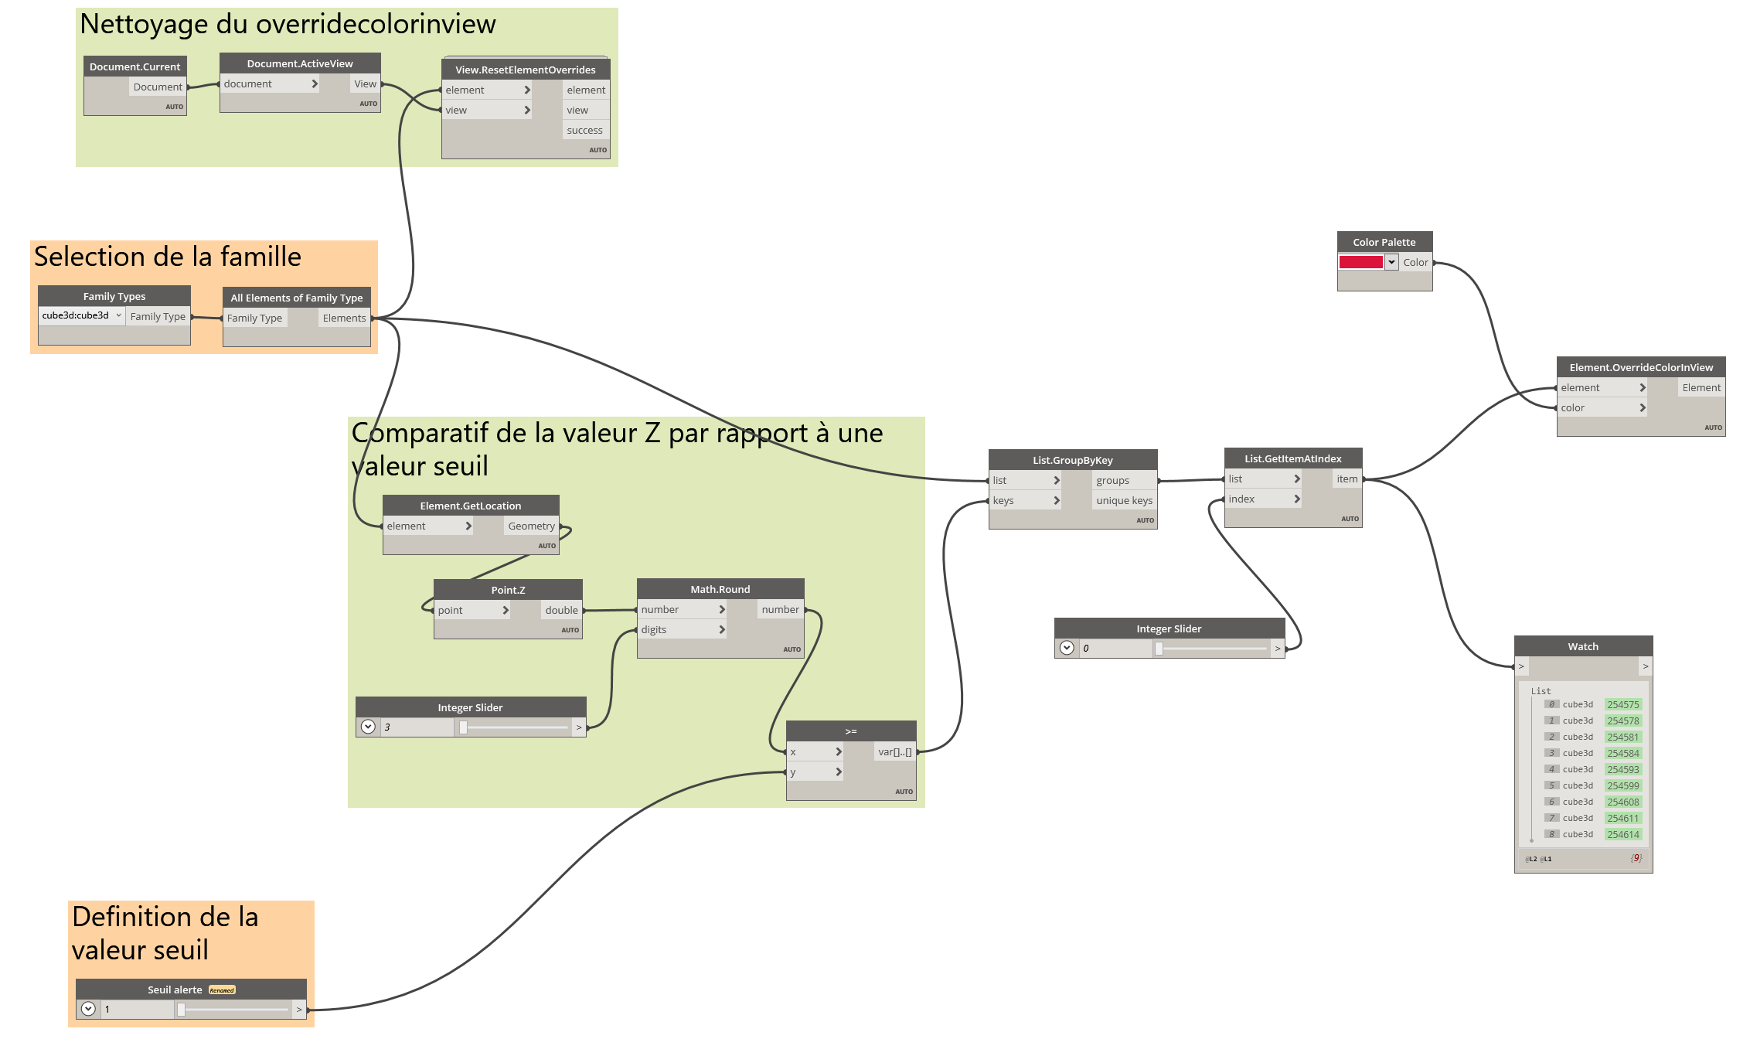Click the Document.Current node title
[134, 66]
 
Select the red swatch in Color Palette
[1360, 262]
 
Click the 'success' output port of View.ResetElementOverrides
[584, 130]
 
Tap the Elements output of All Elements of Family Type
[344, 318]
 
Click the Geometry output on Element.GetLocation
[531, 526]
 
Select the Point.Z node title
[508, 590]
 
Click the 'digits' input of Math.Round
[654, 629]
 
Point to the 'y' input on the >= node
[793, 772]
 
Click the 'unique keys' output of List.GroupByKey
[1124, 500]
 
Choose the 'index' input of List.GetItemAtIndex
[1241, 499]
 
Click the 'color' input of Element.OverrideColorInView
[1573, 407]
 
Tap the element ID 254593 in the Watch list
[1622, 769]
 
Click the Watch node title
[1583, 646]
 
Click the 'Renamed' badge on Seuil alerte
[222, 990]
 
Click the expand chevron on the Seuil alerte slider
[88, 1009]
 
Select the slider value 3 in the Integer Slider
[417, 727]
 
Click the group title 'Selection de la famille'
[168, 257]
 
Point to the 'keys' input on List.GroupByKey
[1003, 500]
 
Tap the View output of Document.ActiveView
[365, 83]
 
